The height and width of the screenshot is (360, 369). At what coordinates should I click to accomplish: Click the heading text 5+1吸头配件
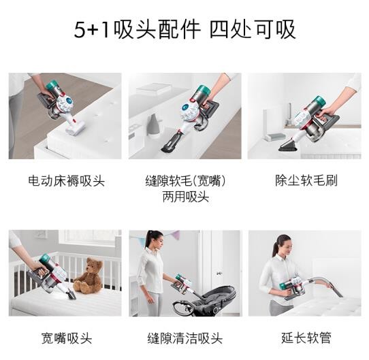(x=138, y=29)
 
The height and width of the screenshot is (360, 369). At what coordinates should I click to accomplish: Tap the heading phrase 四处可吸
(x=253, y=29)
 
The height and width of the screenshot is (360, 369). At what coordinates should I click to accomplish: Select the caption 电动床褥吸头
(x=66, y=181)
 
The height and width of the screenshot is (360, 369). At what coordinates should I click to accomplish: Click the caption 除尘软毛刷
(x=306, y=180)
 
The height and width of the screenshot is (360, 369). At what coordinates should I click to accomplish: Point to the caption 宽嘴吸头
(x=66, y=338)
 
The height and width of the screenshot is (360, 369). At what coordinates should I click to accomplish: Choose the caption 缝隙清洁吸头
(x=185, y=338)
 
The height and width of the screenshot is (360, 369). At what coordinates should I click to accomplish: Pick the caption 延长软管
(x=306, y=338)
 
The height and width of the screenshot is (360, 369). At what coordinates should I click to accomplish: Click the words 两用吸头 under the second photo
(x=186, y=197)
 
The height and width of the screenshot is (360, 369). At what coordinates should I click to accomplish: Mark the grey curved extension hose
(x=326, y=283)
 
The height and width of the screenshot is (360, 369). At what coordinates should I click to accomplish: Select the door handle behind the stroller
(x=219, y=273)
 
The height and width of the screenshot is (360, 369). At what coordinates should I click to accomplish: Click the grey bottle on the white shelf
(x=153, y=125)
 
